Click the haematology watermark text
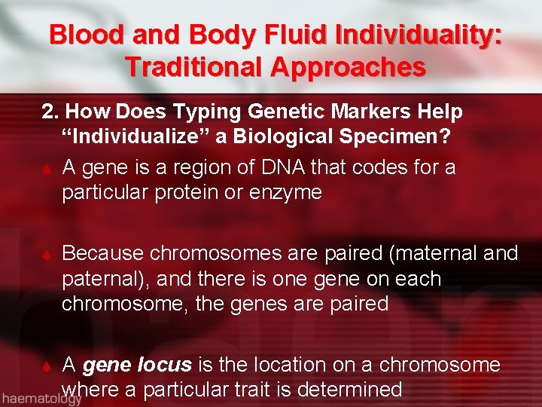(41, 399)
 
